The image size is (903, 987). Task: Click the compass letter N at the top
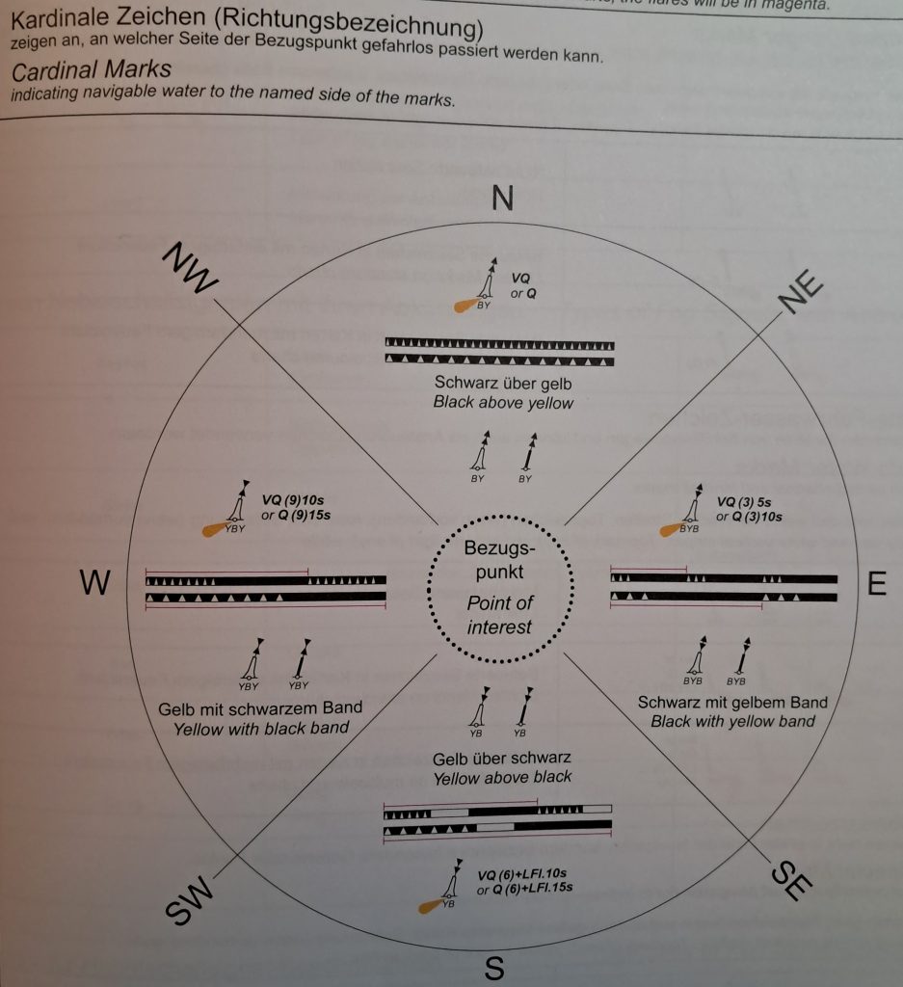click(502, 197)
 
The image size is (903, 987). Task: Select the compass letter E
click(876, 585)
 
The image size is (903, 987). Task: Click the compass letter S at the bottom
click(494, 968)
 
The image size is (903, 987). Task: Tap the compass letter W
click(95, 583)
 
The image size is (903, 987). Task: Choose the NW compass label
click(193, 269)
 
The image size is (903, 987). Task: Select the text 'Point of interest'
click(499, 615)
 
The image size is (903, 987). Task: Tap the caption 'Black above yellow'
click(503, 403)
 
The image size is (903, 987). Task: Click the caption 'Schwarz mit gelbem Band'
click(732, 702)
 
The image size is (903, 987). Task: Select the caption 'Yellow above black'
click(502, 777)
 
